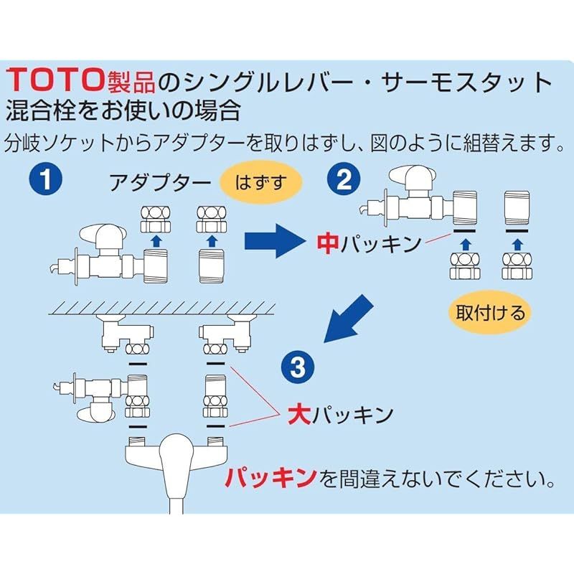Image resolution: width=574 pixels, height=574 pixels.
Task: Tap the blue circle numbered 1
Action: point(45,179)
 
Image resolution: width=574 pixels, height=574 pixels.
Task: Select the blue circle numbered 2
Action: point(344,179)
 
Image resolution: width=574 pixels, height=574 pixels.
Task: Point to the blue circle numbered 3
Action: point(297,367)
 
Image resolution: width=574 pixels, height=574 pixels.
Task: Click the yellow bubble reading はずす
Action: point(260,182)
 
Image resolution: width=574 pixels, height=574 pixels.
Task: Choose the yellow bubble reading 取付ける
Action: point(490,312)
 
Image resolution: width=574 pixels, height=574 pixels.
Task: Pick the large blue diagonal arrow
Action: point(347,319)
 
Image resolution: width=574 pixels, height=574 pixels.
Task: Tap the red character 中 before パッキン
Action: point(328,244)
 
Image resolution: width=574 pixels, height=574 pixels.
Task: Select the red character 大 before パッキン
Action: point(299,415)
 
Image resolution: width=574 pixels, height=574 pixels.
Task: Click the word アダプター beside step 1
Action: point(161,182)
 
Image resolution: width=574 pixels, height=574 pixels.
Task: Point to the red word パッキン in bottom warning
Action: point(270,477)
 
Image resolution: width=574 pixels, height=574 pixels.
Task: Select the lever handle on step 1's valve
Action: point(103,234)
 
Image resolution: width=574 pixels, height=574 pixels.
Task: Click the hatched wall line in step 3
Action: point(161,308)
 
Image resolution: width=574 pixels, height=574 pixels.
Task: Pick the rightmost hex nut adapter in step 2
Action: point(517,266)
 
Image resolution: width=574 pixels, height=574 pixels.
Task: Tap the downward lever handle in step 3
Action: point(96,412)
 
